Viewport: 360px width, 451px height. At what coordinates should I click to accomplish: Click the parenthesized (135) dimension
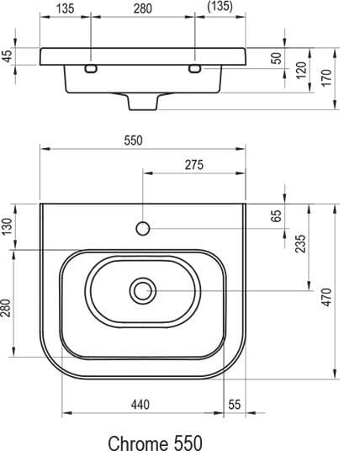pyautogui.click(x=220, y=7)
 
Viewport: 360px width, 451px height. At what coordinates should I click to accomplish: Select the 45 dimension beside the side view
pyautogui.click(x=8, y=56)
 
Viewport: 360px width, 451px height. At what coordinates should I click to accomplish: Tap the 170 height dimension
pyautogui.click(x=326, y=77)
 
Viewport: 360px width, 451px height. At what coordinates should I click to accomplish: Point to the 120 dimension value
pyautogui.click(x=301, y=70)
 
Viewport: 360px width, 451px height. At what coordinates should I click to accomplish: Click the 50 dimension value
pyautogui.click(x=277, y=58)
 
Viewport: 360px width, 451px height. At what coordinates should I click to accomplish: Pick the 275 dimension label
pyautogui.click(x=194, y=165)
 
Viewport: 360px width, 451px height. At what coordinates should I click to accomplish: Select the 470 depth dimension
pyautogui.click(x=326, y=297)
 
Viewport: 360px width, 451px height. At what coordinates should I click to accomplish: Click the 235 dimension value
pyautogui.click(x=301, y=244)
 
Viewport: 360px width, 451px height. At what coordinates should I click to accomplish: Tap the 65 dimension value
pyautogui.click(x=276, y=216)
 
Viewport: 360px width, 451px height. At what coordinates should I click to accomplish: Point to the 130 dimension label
pyautogui.click(x=8, y=226)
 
